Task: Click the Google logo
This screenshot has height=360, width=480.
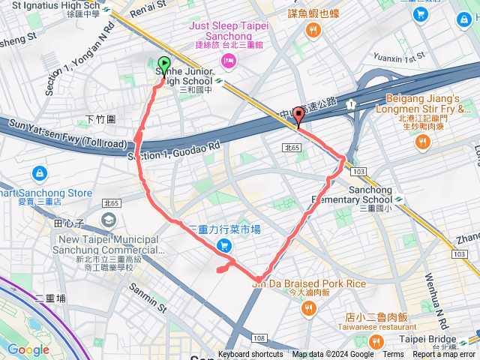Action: pos(28,349)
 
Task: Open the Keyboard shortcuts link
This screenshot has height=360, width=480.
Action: pos(250,355)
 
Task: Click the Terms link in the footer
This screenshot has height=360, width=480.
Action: pos(393,355)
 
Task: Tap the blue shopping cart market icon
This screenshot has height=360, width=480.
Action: pos(223,246)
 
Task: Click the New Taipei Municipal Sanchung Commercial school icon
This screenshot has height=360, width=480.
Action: pos(109,219)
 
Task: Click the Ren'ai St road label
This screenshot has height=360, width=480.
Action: pos(146,10)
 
